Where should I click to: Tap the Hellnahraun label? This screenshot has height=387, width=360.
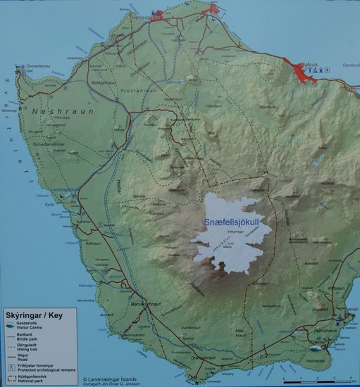click(323, 330)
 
